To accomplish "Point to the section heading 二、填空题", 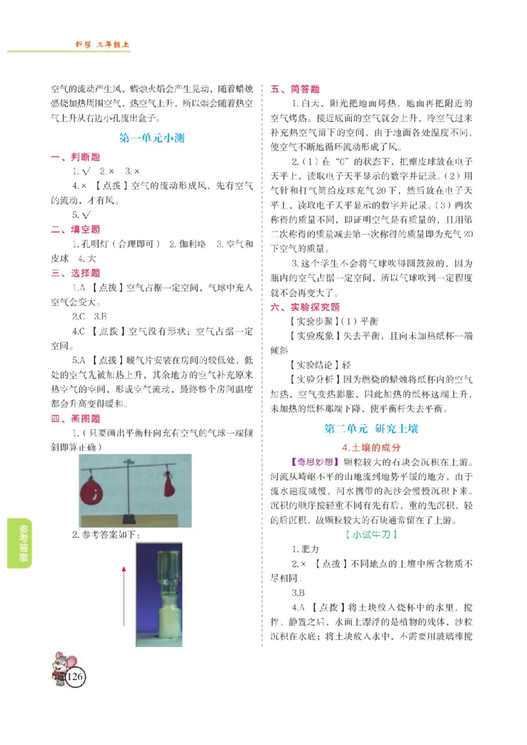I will [76, 229].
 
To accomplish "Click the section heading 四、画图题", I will [76, 419].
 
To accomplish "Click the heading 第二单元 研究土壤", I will [372, 428].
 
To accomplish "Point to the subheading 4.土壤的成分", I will [372, 447].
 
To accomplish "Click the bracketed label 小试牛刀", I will [372, 534].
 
